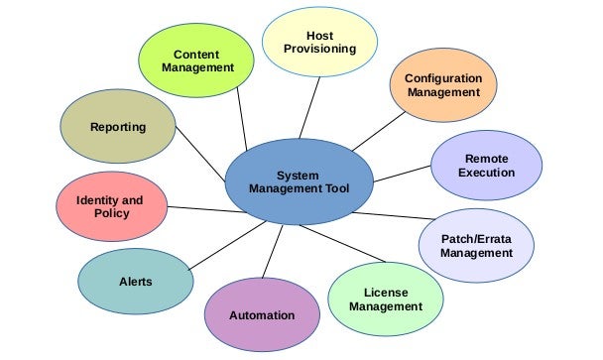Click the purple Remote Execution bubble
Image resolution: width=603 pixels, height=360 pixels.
[x=486, y=165]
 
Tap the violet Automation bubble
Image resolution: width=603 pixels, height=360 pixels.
[x=262, y=315]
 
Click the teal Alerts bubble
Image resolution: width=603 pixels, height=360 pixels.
[x=136, y=282]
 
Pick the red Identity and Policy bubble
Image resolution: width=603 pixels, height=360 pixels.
[x=110, y=206]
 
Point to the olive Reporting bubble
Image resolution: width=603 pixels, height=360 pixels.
[x=117, y=128]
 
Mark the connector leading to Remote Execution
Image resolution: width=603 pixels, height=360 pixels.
[x=402, y=175]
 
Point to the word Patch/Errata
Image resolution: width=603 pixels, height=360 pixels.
[x=476, y=238]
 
